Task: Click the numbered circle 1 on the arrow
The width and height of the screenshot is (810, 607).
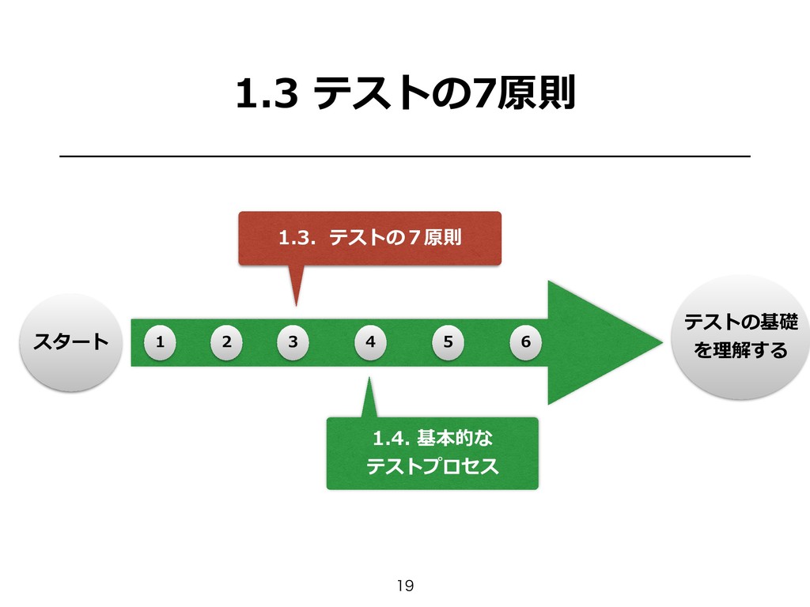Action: click(160, 342)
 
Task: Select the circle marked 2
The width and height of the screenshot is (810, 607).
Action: click(227, 342)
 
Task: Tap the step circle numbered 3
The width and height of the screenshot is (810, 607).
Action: click(293, 342)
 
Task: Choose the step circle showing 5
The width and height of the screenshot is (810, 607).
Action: click(449, 342)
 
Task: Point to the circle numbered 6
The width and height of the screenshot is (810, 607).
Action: click(525, 342)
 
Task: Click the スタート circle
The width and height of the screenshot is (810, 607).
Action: click(70, 342)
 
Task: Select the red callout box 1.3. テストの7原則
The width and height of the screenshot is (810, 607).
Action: click(369, 237)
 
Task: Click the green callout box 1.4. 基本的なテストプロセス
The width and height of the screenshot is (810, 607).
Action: click(432, 453)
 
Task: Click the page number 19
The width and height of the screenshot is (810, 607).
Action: click(405, 586)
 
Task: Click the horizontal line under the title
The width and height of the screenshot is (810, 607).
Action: click(405, 157)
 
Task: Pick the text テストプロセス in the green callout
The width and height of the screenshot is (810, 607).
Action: click(432, 467)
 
